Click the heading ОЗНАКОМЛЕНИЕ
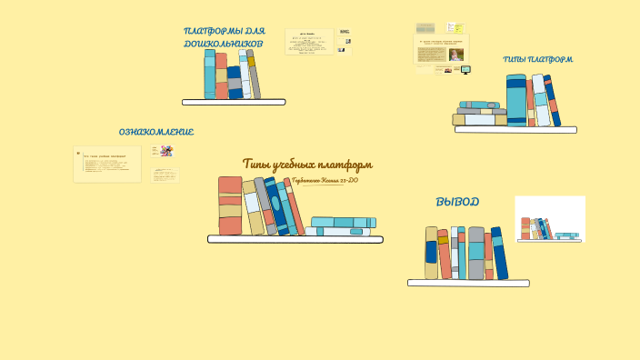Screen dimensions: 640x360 (155, 132)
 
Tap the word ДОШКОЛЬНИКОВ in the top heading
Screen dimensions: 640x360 (223, 43)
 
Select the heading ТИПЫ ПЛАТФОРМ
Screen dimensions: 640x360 (537, 60)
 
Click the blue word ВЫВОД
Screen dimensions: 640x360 (457, 202)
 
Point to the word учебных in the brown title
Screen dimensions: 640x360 (307, 165)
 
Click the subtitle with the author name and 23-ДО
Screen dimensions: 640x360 (325, 181)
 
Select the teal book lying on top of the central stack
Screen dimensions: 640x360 (343, 222)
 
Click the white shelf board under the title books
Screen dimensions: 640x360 (295, 240)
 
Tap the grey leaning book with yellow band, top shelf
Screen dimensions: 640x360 (253, 75)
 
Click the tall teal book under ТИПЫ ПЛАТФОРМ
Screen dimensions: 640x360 (515, 100)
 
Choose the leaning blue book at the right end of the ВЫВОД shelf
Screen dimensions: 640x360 (499, 253)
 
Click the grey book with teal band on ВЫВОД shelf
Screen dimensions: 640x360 (476, 253)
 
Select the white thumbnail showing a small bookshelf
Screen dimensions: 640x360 (549, 219)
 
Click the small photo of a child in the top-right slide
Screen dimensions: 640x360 (455, 55)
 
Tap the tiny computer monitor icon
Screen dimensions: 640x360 (465, 69)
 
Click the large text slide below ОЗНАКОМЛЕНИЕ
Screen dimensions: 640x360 (107, 165)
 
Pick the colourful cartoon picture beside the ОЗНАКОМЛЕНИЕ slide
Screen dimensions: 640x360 (166, 151)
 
